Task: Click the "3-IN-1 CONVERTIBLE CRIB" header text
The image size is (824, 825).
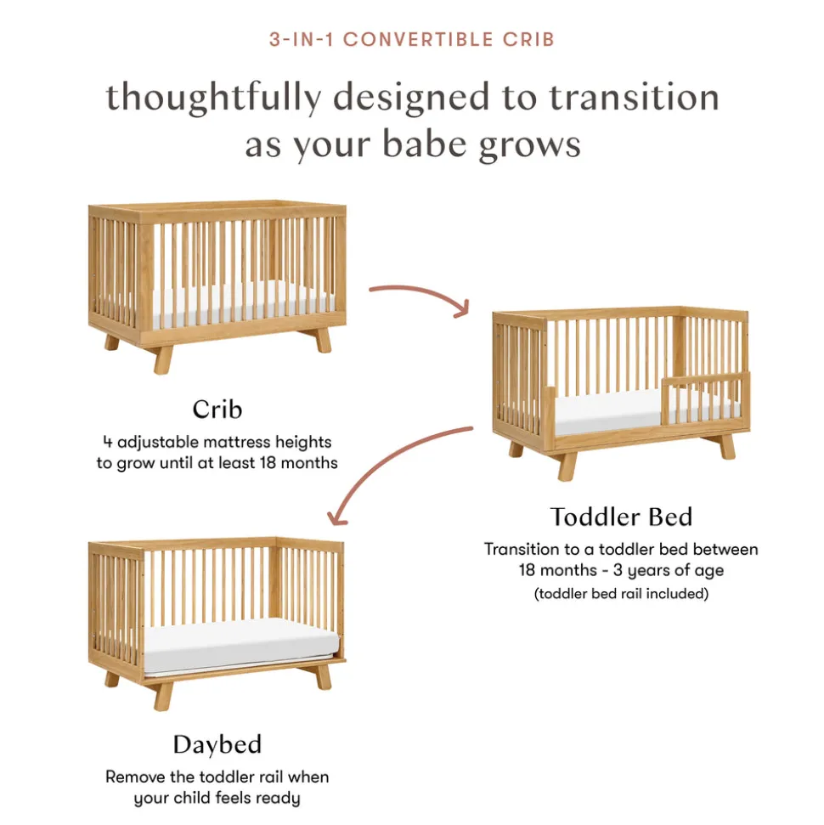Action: (x=412, y=39)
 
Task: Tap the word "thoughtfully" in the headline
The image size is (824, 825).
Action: (x=213, y=99)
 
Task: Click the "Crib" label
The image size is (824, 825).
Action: (x=217, y=410)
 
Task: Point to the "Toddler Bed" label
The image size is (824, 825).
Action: (x=621, y=517)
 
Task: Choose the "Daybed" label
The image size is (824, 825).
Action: (x=217, y=745)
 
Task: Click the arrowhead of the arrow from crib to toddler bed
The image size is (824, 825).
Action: (x=462, y=309)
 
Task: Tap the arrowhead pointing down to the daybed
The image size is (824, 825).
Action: (x=336, y=518)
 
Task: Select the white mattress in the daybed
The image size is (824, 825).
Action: (x=241, y=646)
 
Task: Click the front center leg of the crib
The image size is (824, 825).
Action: (x=162, y=360)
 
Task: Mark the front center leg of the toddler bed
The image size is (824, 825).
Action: (x=567, y=466)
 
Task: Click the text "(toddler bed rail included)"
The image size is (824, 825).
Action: (x=621, y=594)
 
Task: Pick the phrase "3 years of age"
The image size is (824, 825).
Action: (x=669, y=570)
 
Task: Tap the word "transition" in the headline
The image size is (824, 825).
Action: (x=634, y=99)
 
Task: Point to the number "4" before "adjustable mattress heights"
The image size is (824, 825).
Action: (x=107, y=442)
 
